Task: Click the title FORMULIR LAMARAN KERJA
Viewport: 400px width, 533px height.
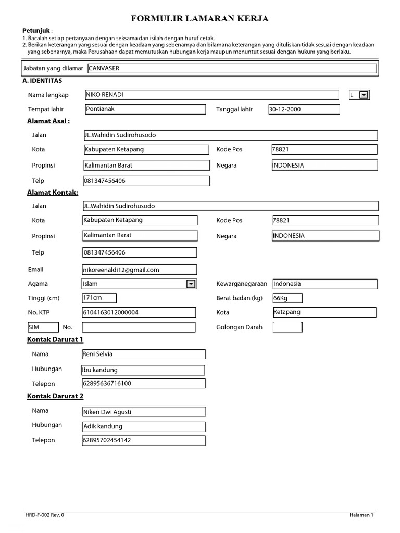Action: [199, 19]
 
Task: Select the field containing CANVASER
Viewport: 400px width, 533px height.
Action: [231, 68]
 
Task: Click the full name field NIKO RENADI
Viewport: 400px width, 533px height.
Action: [211, 95]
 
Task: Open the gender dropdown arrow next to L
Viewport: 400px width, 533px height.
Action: [364, 95]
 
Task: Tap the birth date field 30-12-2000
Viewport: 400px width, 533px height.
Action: [304, 109]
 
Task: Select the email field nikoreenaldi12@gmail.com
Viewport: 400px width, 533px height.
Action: [139, 270]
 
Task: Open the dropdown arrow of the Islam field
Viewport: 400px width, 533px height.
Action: [191, 284]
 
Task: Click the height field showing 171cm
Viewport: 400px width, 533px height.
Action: [99, 298]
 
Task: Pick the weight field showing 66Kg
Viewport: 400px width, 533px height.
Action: [287, 298]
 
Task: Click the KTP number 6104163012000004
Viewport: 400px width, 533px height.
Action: [139, 312]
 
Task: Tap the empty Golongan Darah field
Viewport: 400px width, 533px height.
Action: [287, 327]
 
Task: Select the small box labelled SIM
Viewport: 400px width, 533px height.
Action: [43, 327]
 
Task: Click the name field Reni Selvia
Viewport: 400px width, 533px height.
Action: [144, 354]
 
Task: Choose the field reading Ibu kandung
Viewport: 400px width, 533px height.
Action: [143, 370]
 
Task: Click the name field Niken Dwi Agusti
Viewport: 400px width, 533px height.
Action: [144, 412]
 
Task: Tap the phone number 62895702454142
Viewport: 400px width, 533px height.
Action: [143, 440]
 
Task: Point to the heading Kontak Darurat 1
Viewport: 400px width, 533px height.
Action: [55, 339]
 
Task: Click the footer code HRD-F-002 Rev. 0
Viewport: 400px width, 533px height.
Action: [45, 515]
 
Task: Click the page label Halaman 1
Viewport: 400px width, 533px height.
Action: [361, 515]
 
